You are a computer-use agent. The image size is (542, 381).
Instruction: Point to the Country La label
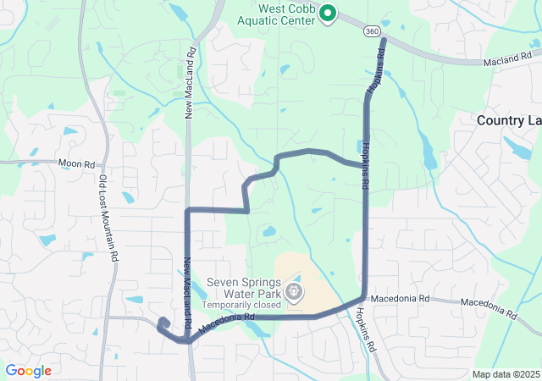point(508,120)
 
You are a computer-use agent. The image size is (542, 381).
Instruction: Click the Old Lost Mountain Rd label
point(108,217)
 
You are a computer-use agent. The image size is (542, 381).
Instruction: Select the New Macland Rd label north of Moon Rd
point(191,81)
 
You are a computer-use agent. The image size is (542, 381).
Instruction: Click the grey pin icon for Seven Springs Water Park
point(294,292)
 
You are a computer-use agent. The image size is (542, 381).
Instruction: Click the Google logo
point(28,371)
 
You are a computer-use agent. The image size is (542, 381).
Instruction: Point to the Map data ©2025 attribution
point(506,374)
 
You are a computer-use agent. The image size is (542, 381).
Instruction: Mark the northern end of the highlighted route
point(384,40)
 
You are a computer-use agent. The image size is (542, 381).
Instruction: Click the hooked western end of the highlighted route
point(161,321)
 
